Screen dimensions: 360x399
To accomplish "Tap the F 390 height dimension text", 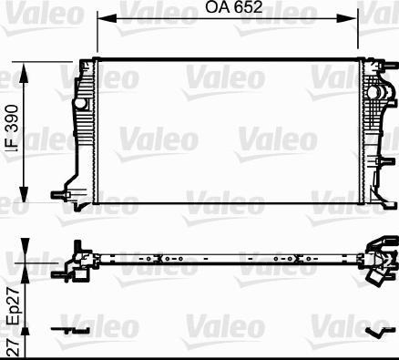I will coord(11,133).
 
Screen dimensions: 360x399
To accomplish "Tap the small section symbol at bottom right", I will coord(374,331).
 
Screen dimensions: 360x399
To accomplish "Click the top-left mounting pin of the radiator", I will coord(88,60).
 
